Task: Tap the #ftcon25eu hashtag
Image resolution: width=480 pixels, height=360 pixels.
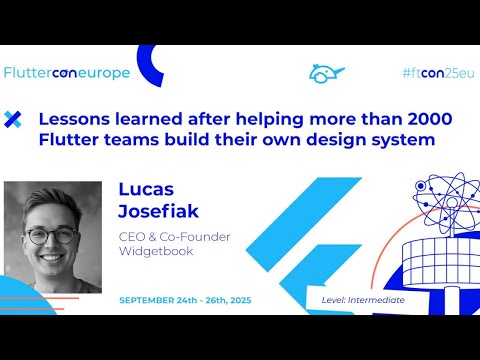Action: click(x=437, y=73)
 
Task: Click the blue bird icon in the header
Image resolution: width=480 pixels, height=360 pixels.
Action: click(x=326, y=74)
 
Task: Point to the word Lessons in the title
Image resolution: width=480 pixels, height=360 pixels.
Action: click(x=73, y=119)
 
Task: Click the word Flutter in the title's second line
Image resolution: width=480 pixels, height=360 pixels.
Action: click(x=66, y=139)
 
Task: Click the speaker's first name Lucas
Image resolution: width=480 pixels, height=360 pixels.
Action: click(x=146, y=188)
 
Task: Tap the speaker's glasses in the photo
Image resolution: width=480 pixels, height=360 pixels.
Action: click(x=51, y=237)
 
